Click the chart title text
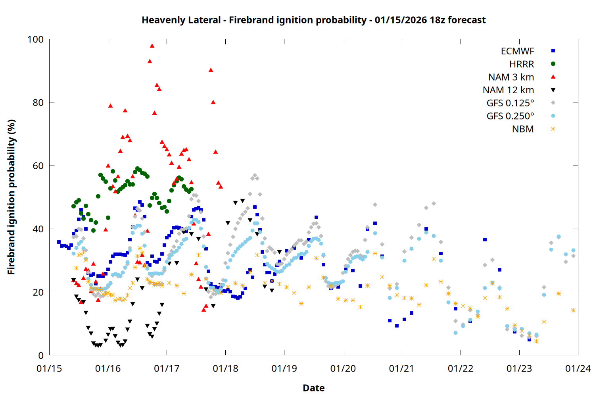tap(313, 20)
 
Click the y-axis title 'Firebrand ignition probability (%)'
tap(12, 197)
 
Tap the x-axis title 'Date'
tap(313, 388)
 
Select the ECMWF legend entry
tap(517, 51)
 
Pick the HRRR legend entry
tap(522, 64)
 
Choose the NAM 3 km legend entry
tap(511, 77)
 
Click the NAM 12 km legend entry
tap(508, 90)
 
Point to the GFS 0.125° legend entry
tap(510, 103)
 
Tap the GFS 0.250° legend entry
tap(510, 116)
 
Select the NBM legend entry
tap(523, 129)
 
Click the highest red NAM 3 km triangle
tap(152, 46)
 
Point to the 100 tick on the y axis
tap(35, 39)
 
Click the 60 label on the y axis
tap(38, 166)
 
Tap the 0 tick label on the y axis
tap(41, 356)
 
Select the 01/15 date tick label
tap(49, 369)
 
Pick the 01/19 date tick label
tap(284, 369)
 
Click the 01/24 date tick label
tap(578, 369)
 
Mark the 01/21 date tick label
tap(401, 369)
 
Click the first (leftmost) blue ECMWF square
tap(59, 242)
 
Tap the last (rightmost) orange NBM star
tap(573, 310)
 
